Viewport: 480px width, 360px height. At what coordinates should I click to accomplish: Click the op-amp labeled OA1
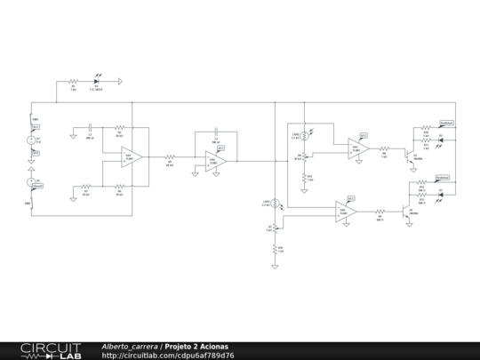coord(132,157)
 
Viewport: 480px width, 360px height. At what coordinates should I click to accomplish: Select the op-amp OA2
coord(215,160)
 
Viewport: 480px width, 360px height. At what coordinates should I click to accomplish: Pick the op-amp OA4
coord(347,212)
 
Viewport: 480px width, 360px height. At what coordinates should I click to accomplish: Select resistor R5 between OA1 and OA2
coord(169,161)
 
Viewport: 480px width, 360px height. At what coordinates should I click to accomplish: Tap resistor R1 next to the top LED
coord(73,82)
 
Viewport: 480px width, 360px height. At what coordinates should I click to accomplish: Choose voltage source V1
coord(34,139)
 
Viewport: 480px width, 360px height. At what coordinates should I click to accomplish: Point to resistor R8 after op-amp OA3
coord(384,149)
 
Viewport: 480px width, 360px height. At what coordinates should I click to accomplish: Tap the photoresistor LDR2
coord(304,136)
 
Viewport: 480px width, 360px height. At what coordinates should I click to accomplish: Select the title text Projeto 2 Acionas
coord(196,346)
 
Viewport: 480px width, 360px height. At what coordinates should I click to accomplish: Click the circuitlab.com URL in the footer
coord(169,356)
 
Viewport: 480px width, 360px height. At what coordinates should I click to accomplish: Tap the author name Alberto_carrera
coord(130,346)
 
